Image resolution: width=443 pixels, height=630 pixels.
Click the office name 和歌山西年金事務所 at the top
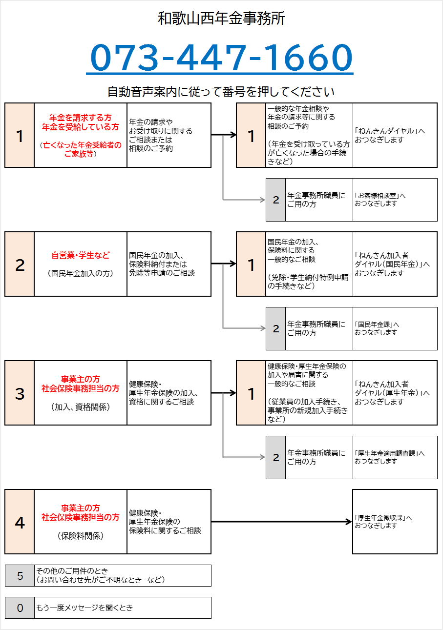[x=221, y=19]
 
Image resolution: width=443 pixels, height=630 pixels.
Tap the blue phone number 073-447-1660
[x=221, y=58]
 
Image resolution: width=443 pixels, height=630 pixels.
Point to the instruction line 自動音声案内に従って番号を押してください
[x=221, y=92]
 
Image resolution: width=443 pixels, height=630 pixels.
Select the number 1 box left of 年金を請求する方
[x=20, y=135]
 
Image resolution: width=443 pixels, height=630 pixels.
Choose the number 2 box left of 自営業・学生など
[x=20, y=264]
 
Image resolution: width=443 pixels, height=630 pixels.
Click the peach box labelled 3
[x=20, y=393]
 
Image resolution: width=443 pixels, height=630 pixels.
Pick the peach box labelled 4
[x=20, y=522]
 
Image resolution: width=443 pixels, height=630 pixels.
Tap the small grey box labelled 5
[x=20, y=576]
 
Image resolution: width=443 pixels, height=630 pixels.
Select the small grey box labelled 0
[x=20, y=608]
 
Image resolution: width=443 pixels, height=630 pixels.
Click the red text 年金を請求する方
[x=81, y=118]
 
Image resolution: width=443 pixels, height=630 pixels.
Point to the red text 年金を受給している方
[x=81, y=127]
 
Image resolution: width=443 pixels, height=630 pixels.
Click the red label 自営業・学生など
[x=81, y=255]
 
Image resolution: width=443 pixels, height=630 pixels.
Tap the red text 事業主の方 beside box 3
[x=81, y=379]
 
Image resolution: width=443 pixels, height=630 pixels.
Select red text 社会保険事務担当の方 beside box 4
[x=81, y=517]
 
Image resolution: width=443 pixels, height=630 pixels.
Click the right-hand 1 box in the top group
[x=251, y=135]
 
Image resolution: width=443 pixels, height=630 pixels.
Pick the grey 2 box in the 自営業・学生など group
[x=275, y=328]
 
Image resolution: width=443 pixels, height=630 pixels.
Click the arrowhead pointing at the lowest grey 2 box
[x=263, y=457]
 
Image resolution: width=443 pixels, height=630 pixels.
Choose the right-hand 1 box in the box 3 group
[x=251, y=393]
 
